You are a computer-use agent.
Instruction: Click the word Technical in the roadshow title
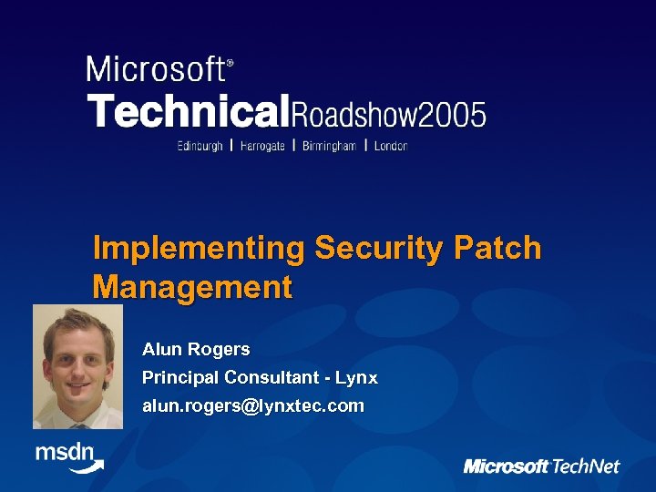click(x=188, y=111)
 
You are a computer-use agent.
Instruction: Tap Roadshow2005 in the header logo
click(x=388, y=113)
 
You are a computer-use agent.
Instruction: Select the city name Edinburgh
click(x=200, y=146)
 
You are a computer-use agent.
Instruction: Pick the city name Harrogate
click(x=262, y=146)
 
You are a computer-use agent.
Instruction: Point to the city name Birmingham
click(x=329, y=146)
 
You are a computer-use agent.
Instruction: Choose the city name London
click(x=392, y=146)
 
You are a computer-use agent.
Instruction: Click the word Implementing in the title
click(x=199, y=249)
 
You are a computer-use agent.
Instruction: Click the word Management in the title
click(x=192, y=288)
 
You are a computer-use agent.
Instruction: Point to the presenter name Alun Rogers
click(x=196, y=349)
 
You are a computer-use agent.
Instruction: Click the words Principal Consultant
click(x=227, y=377)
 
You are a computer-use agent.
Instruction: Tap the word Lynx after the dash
click(x=356, y=377)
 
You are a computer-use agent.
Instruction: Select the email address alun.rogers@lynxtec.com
click(x=252, y=405)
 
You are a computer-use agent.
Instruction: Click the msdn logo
click(x=68, y=456)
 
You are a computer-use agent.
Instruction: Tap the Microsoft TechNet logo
click(x=541, y=466)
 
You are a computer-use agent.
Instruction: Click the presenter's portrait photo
click(x=77, y=366)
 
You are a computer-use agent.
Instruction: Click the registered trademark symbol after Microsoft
click(x=230, y=64)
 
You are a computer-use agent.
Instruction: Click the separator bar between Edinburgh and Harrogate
click(x=231, y=145)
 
